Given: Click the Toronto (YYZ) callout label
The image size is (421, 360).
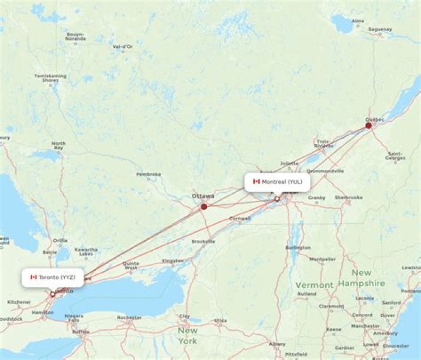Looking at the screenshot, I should click(x=53, y=277).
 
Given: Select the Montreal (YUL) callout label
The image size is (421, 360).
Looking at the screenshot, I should click(x=278, y=181).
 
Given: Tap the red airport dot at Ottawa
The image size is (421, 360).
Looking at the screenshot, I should click(x=204, y=207).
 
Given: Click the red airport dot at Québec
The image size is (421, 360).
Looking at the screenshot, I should click(x=368, y=125).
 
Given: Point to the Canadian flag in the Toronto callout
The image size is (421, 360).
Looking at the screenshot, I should click(x=34, y=277).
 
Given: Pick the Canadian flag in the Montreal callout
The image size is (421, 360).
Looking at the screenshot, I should click(x=256, y=181).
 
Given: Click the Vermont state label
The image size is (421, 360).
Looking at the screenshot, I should click(x=314, y=284).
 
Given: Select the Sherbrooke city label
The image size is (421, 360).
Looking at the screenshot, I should click(x=348, y=197).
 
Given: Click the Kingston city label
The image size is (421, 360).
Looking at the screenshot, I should click(x=172, y=260).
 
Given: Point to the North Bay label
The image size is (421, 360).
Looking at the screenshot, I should click(x=58, y=146).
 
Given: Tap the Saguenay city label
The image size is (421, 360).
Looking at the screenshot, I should click(x=380, y=29).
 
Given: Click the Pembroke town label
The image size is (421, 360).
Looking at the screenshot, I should click(x=149, y=174).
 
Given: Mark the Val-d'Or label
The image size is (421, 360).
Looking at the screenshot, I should click(x=122, y=46).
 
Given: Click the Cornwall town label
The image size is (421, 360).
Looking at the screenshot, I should click(x=240, y=218).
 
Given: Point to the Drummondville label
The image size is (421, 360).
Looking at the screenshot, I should click(x=325, y=171).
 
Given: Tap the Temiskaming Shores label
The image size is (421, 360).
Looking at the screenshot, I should click(x=50, y=78).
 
